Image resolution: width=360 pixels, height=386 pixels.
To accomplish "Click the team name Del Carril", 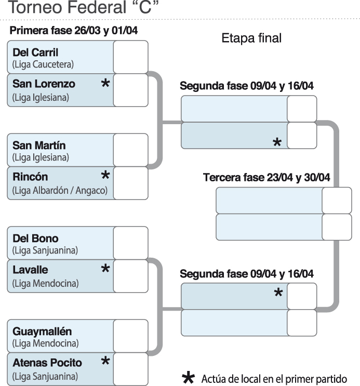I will coord(35,52).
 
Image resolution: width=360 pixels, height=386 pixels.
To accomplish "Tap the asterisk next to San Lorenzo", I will coord(105,83).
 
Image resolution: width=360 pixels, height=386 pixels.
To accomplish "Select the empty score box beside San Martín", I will coord(130,150).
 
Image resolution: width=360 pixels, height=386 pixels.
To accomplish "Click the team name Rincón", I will coord(30,177).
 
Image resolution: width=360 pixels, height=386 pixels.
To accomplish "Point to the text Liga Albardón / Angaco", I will coord(60,191).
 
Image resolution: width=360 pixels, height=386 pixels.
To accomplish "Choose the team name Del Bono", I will coord(35,239).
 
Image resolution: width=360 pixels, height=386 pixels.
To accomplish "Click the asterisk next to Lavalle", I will coord(105,269).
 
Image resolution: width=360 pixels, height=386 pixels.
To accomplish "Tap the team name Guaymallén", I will coord(42,331).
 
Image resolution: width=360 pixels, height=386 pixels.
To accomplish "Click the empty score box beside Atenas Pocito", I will coord(130,368).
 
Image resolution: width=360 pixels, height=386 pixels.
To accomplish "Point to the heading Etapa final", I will coord(251,39).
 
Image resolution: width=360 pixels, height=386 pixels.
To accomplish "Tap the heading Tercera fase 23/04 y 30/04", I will coord(266,178).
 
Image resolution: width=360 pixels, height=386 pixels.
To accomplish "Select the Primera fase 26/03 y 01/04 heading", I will coord(73,31).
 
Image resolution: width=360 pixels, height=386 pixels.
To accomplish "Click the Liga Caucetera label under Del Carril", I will coord(43,65).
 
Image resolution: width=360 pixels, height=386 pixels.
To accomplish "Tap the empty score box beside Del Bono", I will coord(130,243).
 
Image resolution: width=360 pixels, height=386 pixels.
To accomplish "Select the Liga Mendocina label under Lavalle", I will coord(46,284).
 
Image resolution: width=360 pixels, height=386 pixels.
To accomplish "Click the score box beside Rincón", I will coord(130,182).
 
